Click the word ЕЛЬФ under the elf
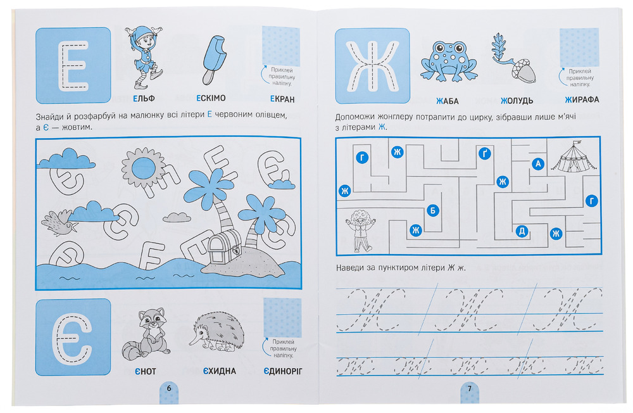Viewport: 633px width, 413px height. pos(144,98)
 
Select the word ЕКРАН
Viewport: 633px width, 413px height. pos(282,99)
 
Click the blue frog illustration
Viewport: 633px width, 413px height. pos(449,61)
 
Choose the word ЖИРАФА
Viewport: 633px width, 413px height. pos(582,99)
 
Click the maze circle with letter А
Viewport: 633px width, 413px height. pos(537,163)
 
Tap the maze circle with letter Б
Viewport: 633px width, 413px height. pos(432,210)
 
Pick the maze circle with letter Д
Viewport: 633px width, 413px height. pos(522,231)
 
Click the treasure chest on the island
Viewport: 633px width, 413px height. pos(225,249)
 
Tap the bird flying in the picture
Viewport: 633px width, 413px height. pos(60,223)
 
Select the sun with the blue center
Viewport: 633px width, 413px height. pos(144,167)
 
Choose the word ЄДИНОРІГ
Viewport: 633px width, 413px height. pos(282,371)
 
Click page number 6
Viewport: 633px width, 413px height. pos(169,388)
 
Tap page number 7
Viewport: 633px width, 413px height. pos(470,388)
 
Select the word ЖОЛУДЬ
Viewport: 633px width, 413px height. pos(517,101)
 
